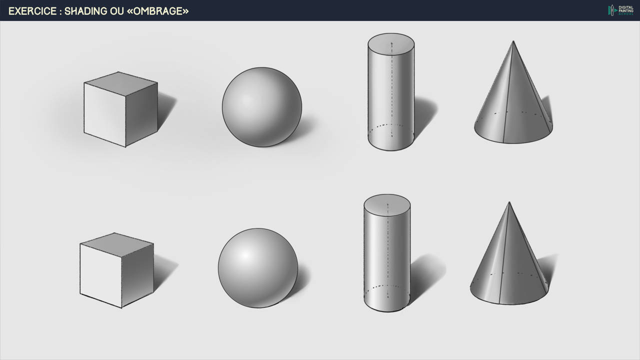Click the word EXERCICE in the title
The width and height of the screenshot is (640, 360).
tap(32, 11)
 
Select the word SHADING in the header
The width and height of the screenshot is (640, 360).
tap(85, 11)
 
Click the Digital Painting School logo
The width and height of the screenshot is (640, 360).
tap(620, 10)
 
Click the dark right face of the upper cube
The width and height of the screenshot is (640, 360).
tap(141, 114)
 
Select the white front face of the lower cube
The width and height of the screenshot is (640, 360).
tap(101, 275)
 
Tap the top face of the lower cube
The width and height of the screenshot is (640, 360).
tap(116, 244)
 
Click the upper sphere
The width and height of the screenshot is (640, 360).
tap(262, 107)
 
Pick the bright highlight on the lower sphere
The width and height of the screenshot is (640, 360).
tap(245, 255)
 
